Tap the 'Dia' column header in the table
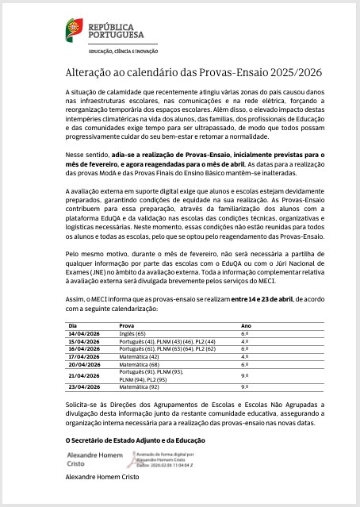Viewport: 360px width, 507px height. click(73, 325)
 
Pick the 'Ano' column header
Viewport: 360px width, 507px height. click(245, 325)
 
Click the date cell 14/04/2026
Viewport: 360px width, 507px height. click(83, 334)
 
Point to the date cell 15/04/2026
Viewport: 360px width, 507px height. click(83, 341)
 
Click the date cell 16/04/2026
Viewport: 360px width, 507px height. click(83, 348)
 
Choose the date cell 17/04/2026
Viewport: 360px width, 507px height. click(83, 356)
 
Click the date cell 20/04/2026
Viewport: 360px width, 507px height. click(83, 364)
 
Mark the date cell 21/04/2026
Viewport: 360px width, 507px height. click(83, 375)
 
